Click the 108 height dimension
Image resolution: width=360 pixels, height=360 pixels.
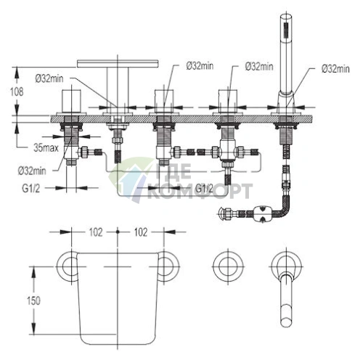click(17, 91)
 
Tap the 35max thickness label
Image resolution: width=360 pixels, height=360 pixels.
click(46, 147)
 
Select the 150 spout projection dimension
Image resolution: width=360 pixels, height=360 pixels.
click(33, 300)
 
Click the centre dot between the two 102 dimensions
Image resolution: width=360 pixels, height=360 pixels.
click(118, 232)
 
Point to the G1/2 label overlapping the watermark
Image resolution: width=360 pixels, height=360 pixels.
click(204, 188)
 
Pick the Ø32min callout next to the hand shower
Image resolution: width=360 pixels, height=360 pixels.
click(335, 69)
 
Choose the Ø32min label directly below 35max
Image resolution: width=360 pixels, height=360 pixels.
click(32, 171)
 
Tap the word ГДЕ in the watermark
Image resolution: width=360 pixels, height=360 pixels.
click(173, 171)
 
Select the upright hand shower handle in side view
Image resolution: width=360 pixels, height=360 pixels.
click(286, 56)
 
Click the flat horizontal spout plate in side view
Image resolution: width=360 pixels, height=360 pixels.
click(118, 64)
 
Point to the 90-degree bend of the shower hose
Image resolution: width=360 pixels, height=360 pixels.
click(284, 208)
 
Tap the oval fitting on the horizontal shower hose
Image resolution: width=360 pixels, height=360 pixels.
click(262, 213)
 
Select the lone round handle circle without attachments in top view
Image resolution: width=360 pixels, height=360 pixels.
click(227, 266)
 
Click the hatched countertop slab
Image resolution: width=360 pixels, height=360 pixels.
click(181, 119)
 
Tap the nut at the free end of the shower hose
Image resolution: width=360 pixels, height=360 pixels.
click(223, 213)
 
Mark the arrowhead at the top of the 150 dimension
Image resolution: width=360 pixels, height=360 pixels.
click(33, 271)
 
